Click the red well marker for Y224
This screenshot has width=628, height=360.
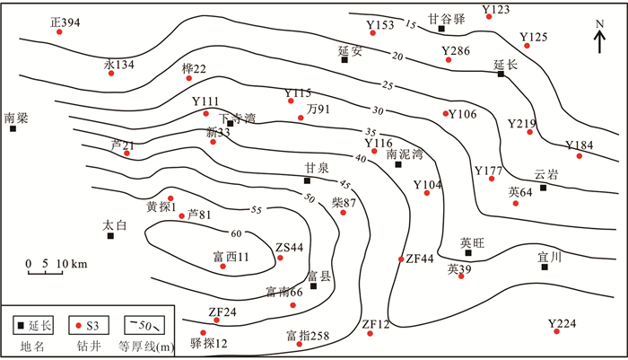tap(557, 333)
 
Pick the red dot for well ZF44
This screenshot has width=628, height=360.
tap(401, 259)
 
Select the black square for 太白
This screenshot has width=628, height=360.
tap(110, 237)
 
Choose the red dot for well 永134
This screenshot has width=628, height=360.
tap(111, 73)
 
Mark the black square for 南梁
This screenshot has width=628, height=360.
tap(13, 129)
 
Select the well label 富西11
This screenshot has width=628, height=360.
tap(231, 257)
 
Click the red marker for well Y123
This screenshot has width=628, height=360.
tap(488, 17)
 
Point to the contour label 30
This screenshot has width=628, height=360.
tap(377, 110)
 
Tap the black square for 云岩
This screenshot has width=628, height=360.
tap(543, 188)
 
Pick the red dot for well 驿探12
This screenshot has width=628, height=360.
tap(203, 332)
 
